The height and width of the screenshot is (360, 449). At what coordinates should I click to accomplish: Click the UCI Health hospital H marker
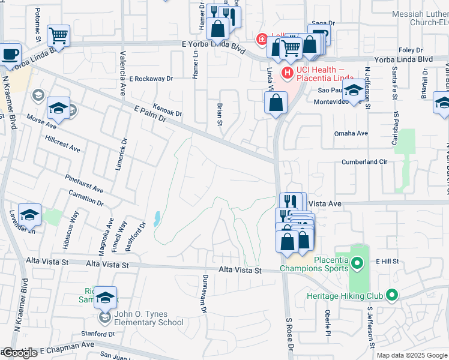[x=288, y=73]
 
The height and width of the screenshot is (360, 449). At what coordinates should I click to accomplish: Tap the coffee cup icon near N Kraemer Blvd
[x=10, y=54]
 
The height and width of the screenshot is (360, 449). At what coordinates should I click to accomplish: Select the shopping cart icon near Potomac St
[x=58, y=36]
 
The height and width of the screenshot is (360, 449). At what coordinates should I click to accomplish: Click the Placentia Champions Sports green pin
[x=357, y=262]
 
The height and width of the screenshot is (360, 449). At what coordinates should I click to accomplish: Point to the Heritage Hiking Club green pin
[x=392, y=295]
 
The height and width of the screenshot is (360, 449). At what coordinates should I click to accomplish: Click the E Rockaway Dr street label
[x=151, y=79]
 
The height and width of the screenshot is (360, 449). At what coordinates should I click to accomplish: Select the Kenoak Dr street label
[x=167, y=109]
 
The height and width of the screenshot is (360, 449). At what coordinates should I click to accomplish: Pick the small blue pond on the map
[x=157, y=219]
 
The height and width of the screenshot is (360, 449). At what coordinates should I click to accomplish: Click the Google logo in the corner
[x=19, y=353]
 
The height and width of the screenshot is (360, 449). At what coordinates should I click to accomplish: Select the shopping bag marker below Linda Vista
[x=276, y=103]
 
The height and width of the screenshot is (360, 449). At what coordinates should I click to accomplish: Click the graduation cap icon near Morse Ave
[x=58, y=108]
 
